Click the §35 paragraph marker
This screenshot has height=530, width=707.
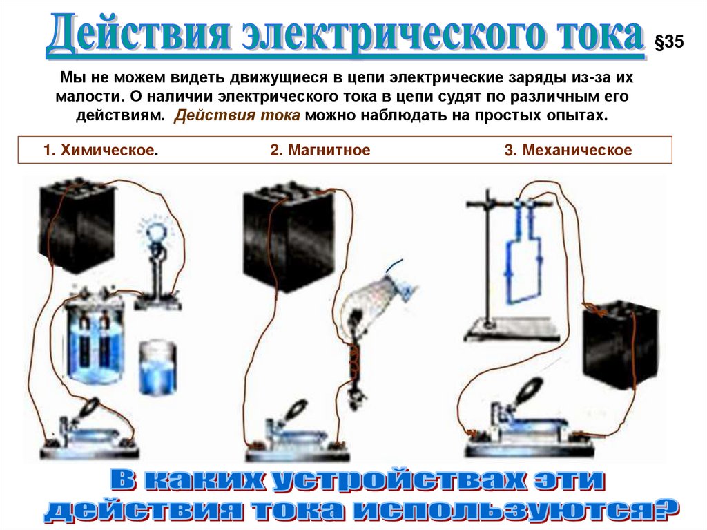(x=669, y=41)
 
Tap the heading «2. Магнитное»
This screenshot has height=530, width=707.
(x=320, y=150)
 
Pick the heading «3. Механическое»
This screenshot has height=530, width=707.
(x=568, y=150)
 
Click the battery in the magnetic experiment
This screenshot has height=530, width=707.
(x=289, y=237)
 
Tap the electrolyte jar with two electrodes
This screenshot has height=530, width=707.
(x=93, y=337)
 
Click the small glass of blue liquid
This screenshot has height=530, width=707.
(x=157, y=368)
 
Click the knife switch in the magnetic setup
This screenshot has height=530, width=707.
(x=297, y=433)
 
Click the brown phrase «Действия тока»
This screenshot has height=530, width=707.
(x=238, y=115)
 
